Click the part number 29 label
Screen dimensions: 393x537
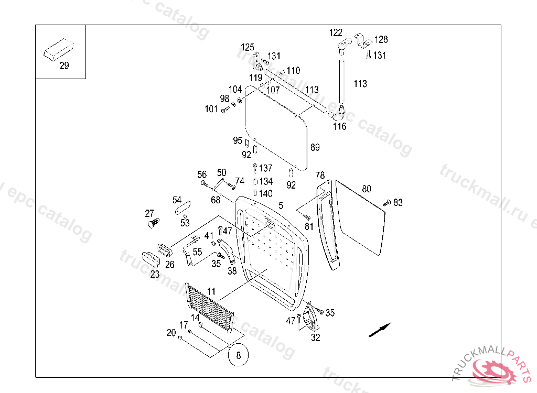pos(64,66)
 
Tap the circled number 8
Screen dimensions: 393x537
pos(238,355)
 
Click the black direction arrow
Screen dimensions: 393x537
pos(380,330)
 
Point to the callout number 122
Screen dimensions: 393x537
pos(336,33)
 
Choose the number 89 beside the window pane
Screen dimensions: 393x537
pos(315,147)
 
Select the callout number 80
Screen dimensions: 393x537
pos(367,189)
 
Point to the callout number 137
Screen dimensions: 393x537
pos(266,168)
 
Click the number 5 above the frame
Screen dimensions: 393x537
pos(281,205)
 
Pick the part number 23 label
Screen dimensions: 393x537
pos(155,274)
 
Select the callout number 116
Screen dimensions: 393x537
pos(340,126)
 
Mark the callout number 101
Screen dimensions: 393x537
pos(211,109)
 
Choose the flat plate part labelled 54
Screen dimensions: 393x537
pos(181,209)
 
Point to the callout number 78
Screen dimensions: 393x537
pos(320,175)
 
